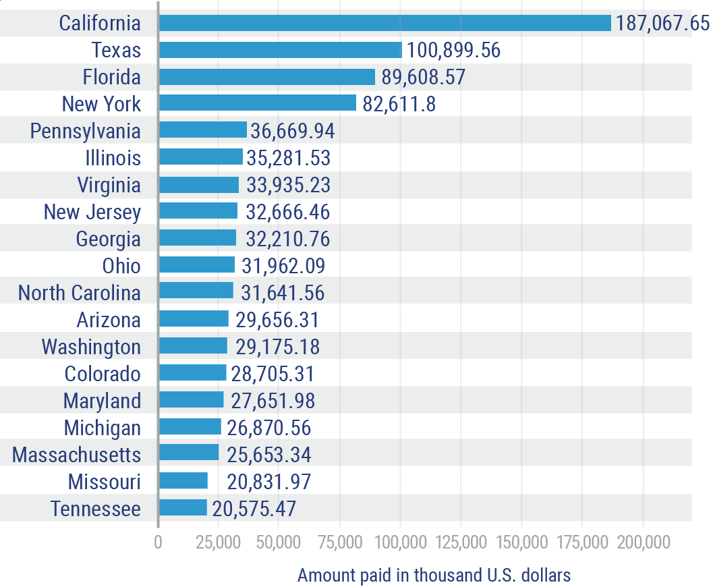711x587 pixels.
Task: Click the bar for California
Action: coord(385,23)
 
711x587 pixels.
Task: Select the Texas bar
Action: coord(280,50)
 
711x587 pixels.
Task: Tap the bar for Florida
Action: coord(266,77)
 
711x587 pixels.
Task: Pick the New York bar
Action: coord(257,103)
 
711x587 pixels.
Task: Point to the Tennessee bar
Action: coord(183,507)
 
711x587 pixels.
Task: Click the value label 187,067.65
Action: coord(661,24)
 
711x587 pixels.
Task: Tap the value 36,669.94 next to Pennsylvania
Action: coord(292,131)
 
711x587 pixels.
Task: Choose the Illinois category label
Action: coord(113,158)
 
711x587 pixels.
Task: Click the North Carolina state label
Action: coord(79,293)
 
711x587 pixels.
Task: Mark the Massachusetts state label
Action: coord(76,455)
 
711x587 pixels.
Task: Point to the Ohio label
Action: coord(121,266)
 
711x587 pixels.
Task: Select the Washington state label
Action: coord(91,347)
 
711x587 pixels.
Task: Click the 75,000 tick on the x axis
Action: coord(340,542)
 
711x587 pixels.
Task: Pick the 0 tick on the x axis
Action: coord(159,542)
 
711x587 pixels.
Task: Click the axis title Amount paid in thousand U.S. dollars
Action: coord(434,576)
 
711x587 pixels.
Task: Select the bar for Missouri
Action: coord(183,480)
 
